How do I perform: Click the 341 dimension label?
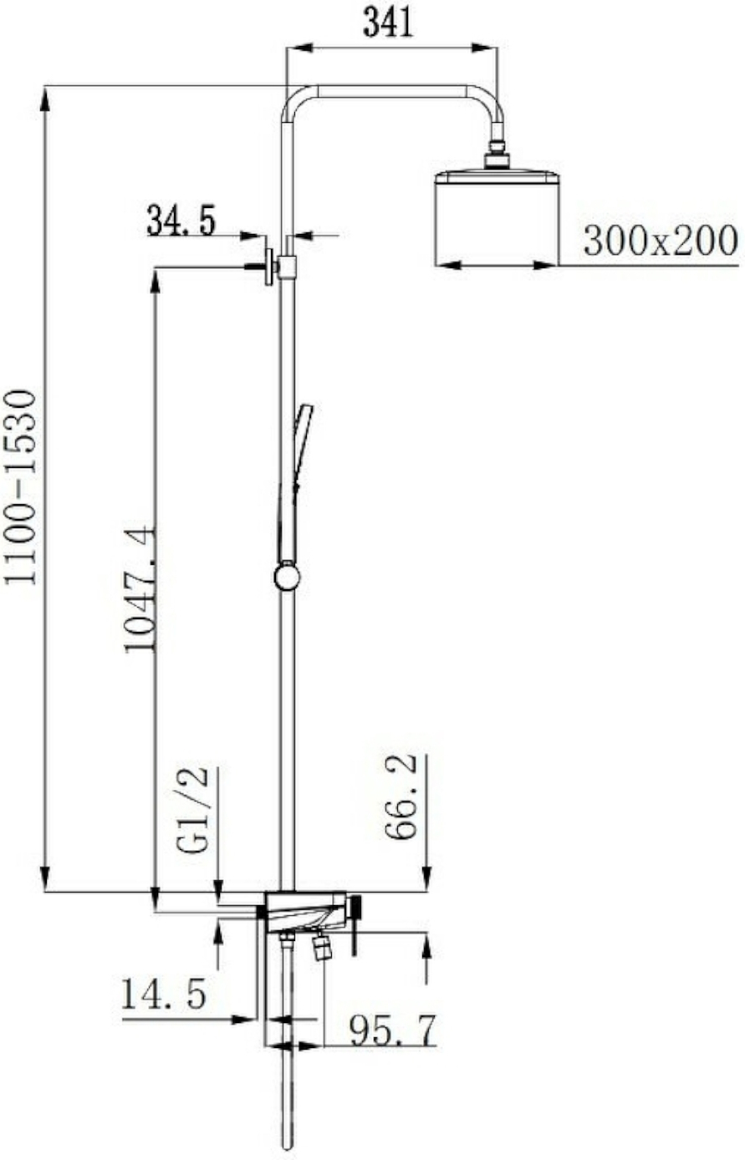coord(388,23)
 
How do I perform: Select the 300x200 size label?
coord(660,240)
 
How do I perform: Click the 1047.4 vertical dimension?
coord(140,589)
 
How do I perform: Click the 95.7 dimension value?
coord(393,1030)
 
